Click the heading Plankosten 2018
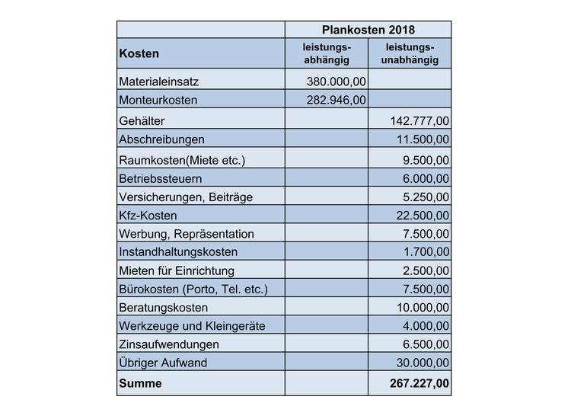pos(368,30)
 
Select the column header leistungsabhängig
pos(327,54)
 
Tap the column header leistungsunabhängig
pos(410,54)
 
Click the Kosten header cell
pos(139,54)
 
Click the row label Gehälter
pos(142,121)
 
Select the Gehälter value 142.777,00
pos(418,121)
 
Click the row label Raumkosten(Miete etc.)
pos(183,160)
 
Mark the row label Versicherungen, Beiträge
pos(186,197)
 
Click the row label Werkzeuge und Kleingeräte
pos(192,326)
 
